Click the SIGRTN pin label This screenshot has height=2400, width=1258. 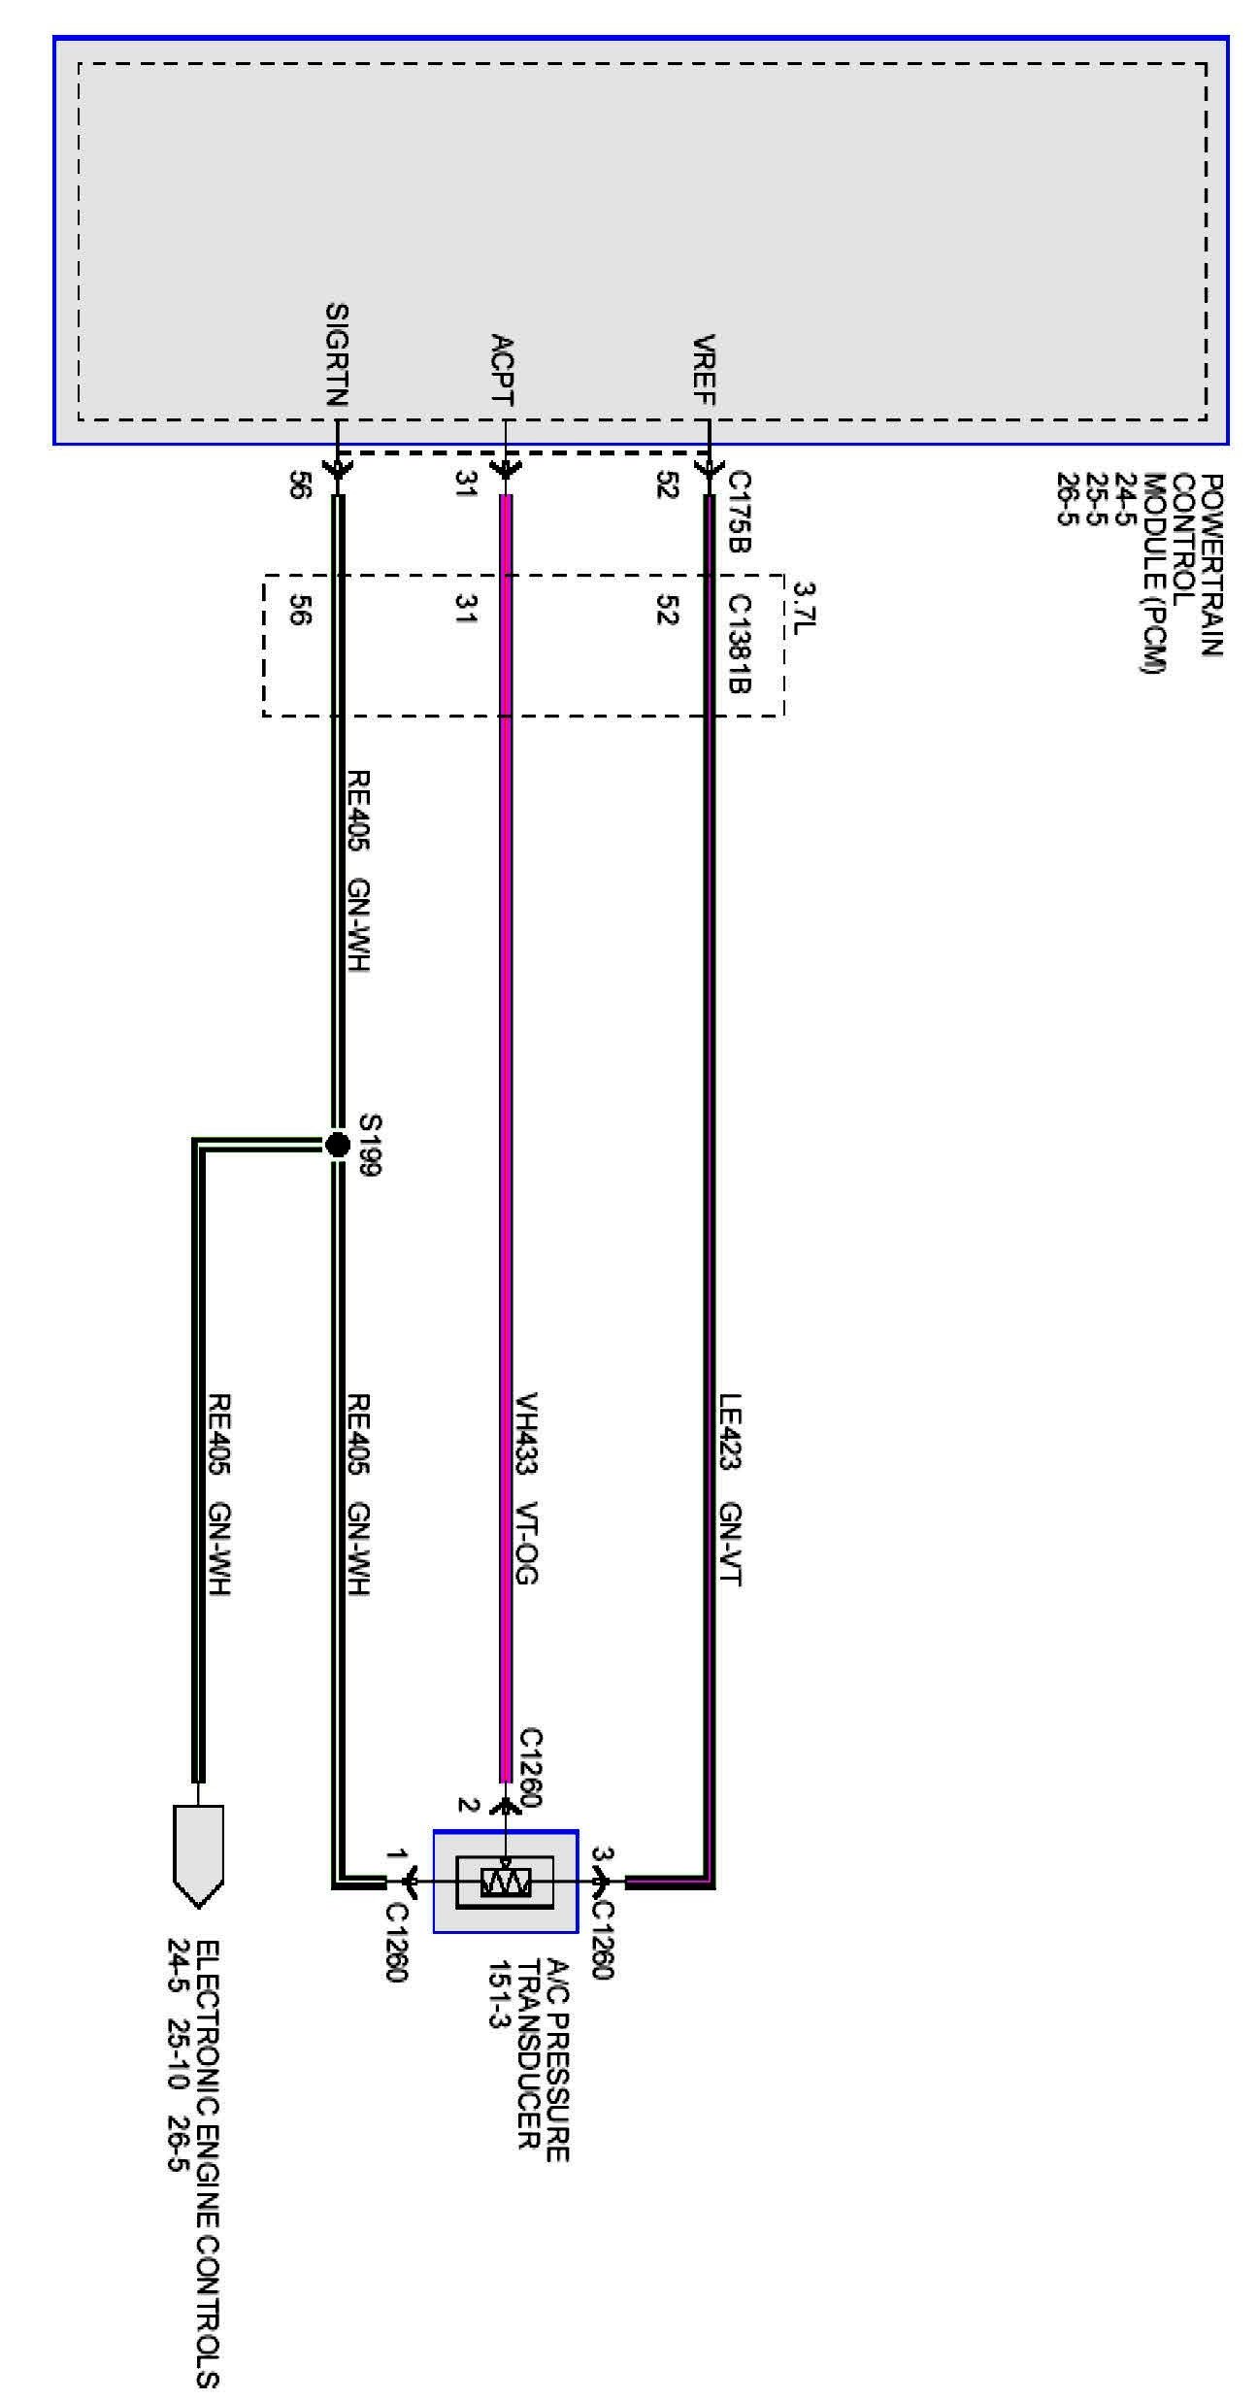coord(337,354)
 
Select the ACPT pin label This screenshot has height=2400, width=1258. coord(502,369)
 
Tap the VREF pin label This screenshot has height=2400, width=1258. coord(705,370)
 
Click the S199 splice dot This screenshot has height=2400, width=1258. coord(337,1146)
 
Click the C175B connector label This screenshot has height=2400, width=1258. coord(739,512)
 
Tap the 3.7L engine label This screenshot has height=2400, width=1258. coord(805,604)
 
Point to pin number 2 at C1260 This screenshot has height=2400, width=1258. coord(469,1806)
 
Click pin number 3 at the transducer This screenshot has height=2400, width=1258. coord(601,1855)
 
